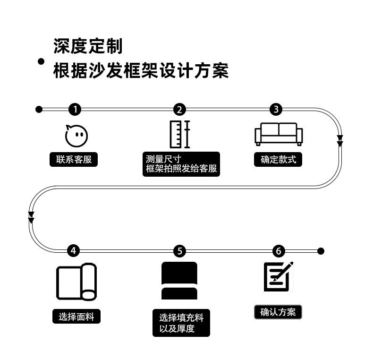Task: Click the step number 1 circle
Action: (75, 110)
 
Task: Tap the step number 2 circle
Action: (179, 110)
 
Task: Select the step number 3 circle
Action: (276, 110)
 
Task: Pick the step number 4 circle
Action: (73, 250)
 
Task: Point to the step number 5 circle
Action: (179, 251)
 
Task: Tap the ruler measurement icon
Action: (180, 134)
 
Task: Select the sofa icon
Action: (279, 134)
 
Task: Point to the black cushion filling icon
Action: (179, 281)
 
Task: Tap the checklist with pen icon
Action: (279, 276)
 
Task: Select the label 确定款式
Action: (278, 159)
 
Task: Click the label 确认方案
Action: (278, 312)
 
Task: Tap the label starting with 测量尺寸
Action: (181, 164)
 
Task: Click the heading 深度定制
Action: (88, 46)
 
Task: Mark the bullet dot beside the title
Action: (41, 61)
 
